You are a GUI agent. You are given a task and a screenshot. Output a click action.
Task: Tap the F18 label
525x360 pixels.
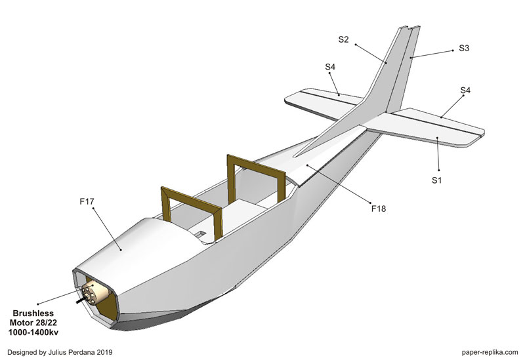point(379,209)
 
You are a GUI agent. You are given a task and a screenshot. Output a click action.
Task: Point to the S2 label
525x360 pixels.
point(344,39)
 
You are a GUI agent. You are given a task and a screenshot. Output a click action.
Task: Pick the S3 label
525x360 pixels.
point(464,48)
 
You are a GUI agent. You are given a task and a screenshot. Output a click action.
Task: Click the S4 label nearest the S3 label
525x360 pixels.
point(465,90)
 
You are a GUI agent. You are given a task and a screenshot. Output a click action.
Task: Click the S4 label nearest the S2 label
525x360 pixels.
point(330,67)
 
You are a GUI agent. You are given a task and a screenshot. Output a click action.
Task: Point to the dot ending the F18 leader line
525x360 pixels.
point(304,167)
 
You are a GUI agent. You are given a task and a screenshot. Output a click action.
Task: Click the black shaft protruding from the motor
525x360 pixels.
point(81,302)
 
